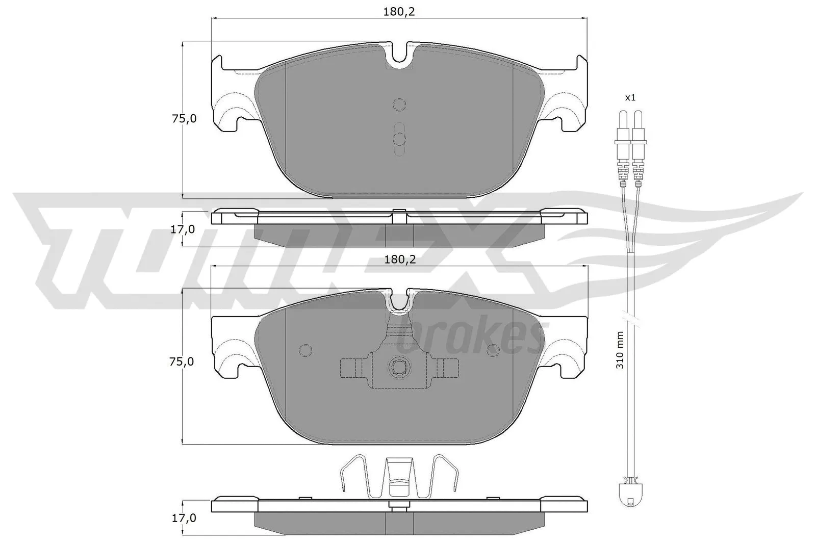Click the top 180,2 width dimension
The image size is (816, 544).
point(399,12)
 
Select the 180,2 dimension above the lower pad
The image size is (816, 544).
point(400,260)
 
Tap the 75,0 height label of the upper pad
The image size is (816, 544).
point(184,119)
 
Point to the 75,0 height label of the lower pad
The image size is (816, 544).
point(182,361)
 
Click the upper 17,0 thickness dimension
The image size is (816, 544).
point(183,229)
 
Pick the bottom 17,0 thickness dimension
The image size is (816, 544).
point(184,518)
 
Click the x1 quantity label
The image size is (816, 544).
point(630,97)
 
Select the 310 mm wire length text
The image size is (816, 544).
point(620,350)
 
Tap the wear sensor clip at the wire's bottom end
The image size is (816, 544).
point(630,494)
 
